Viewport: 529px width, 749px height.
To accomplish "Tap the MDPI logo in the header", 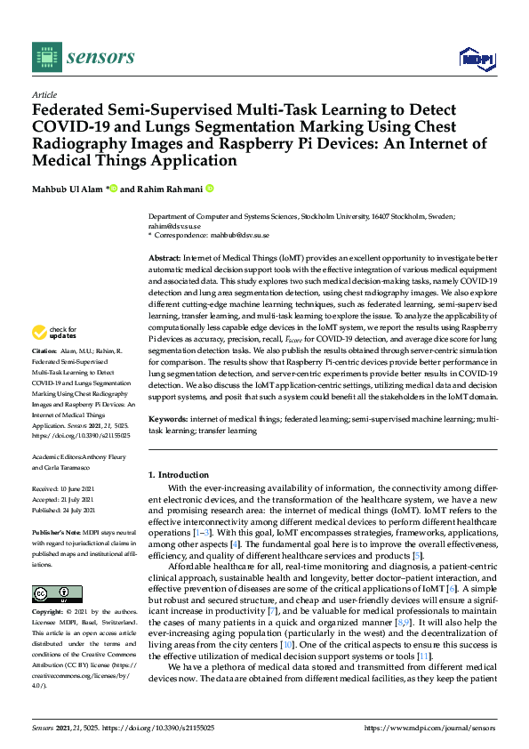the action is (x=476, y=59).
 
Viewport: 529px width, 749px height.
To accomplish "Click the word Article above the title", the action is (x=44, y=94).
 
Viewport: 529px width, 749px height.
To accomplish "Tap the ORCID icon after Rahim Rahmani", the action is (x=211, y=189).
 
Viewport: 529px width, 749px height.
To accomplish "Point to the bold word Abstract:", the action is (x=166, y=257).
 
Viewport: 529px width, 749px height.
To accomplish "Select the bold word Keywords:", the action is (x=169, y=417).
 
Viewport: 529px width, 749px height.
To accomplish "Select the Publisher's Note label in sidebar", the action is (x=58, y=531).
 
